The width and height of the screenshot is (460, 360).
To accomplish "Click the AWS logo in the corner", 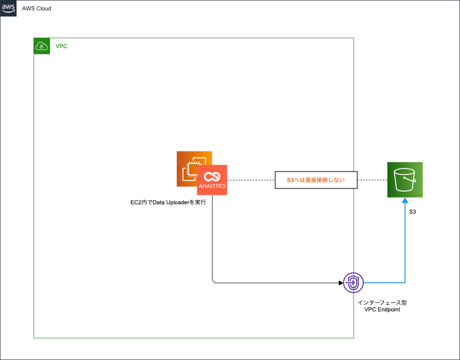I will [x=8, y=8].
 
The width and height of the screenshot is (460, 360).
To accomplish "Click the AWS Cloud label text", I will [x=37, y=8].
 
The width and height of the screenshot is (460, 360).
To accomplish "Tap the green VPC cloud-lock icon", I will [x=42, y=46].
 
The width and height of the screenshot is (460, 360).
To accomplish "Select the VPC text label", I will [x=61, y=46].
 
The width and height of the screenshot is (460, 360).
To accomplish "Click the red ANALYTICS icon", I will [x=212, y=180].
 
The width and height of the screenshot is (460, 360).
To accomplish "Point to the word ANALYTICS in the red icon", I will [x=212, y=186].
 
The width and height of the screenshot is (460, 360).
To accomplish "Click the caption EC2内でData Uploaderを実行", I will [x=168, y=202].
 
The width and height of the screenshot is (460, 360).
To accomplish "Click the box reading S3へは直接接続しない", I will [x=316, y=180].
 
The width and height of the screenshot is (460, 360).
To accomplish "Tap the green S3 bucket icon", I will [x=405, y=179].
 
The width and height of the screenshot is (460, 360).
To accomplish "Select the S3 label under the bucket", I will [x=412, y=212].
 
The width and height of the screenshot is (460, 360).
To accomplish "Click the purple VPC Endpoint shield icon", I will [x=353, y=283].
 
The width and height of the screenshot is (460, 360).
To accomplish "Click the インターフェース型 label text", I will [x=382, y=302].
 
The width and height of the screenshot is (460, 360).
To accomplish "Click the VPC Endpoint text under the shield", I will [x=382, y=310].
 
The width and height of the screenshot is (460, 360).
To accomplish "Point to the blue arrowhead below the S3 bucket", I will [x=405, y=200].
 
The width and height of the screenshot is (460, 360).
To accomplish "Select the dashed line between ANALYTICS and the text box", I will [x=251, y=180].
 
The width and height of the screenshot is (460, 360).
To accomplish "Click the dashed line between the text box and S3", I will [x=372, y=180].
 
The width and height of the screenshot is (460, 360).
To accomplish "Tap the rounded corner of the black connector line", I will [x=214, y=282].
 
